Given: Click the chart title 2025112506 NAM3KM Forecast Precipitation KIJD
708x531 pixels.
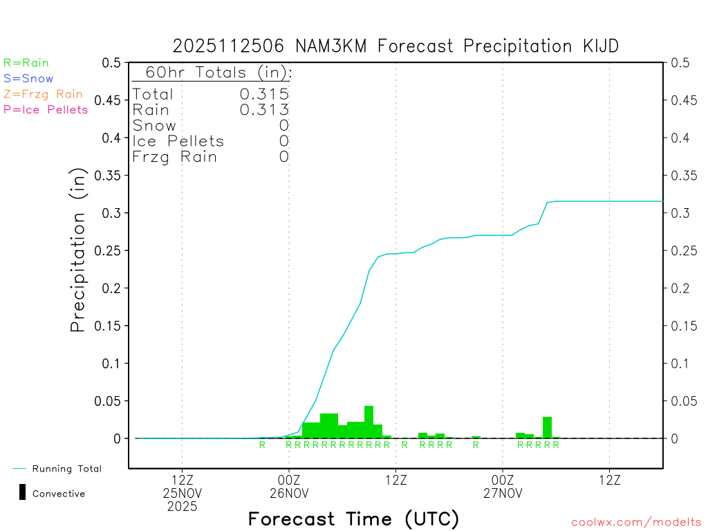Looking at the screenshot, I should [x=395, y=46].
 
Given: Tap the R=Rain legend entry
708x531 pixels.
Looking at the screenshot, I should [x=26, y=63].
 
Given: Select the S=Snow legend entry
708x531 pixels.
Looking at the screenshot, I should [x=28, y=79].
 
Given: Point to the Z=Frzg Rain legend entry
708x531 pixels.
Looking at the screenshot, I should [x=43, y=94].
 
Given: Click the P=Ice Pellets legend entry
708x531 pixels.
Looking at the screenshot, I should [x=46, y=109].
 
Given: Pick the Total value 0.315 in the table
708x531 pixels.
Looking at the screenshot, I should [x=263, y=94].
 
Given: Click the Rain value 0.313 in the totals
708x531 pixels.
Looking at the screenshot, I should [x=263, y=109].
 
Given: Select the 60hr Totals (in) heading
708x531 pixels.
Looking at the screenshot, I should [x=212, y=73].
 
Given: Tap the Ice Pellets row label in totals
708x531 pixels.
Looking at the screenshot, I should [x=178, y=141].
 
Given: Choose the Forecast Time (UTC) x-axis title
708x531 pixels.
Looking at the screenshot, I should [x=353, y=519].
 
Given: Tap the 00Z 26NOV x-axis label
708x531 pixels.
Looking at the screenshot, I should [x=289, y=487].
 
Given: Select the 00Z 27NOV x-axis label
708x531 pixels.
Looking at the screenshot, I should [x=503, y=487].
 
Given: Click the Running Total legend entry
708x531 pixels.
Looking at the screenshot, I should [x=66, y=469].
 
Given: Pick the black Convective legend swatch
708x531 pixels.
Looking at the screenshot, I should [x=23, y=492].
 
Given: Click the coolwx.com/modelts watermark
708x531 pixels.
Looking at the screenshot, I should [x=636, y=522].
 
